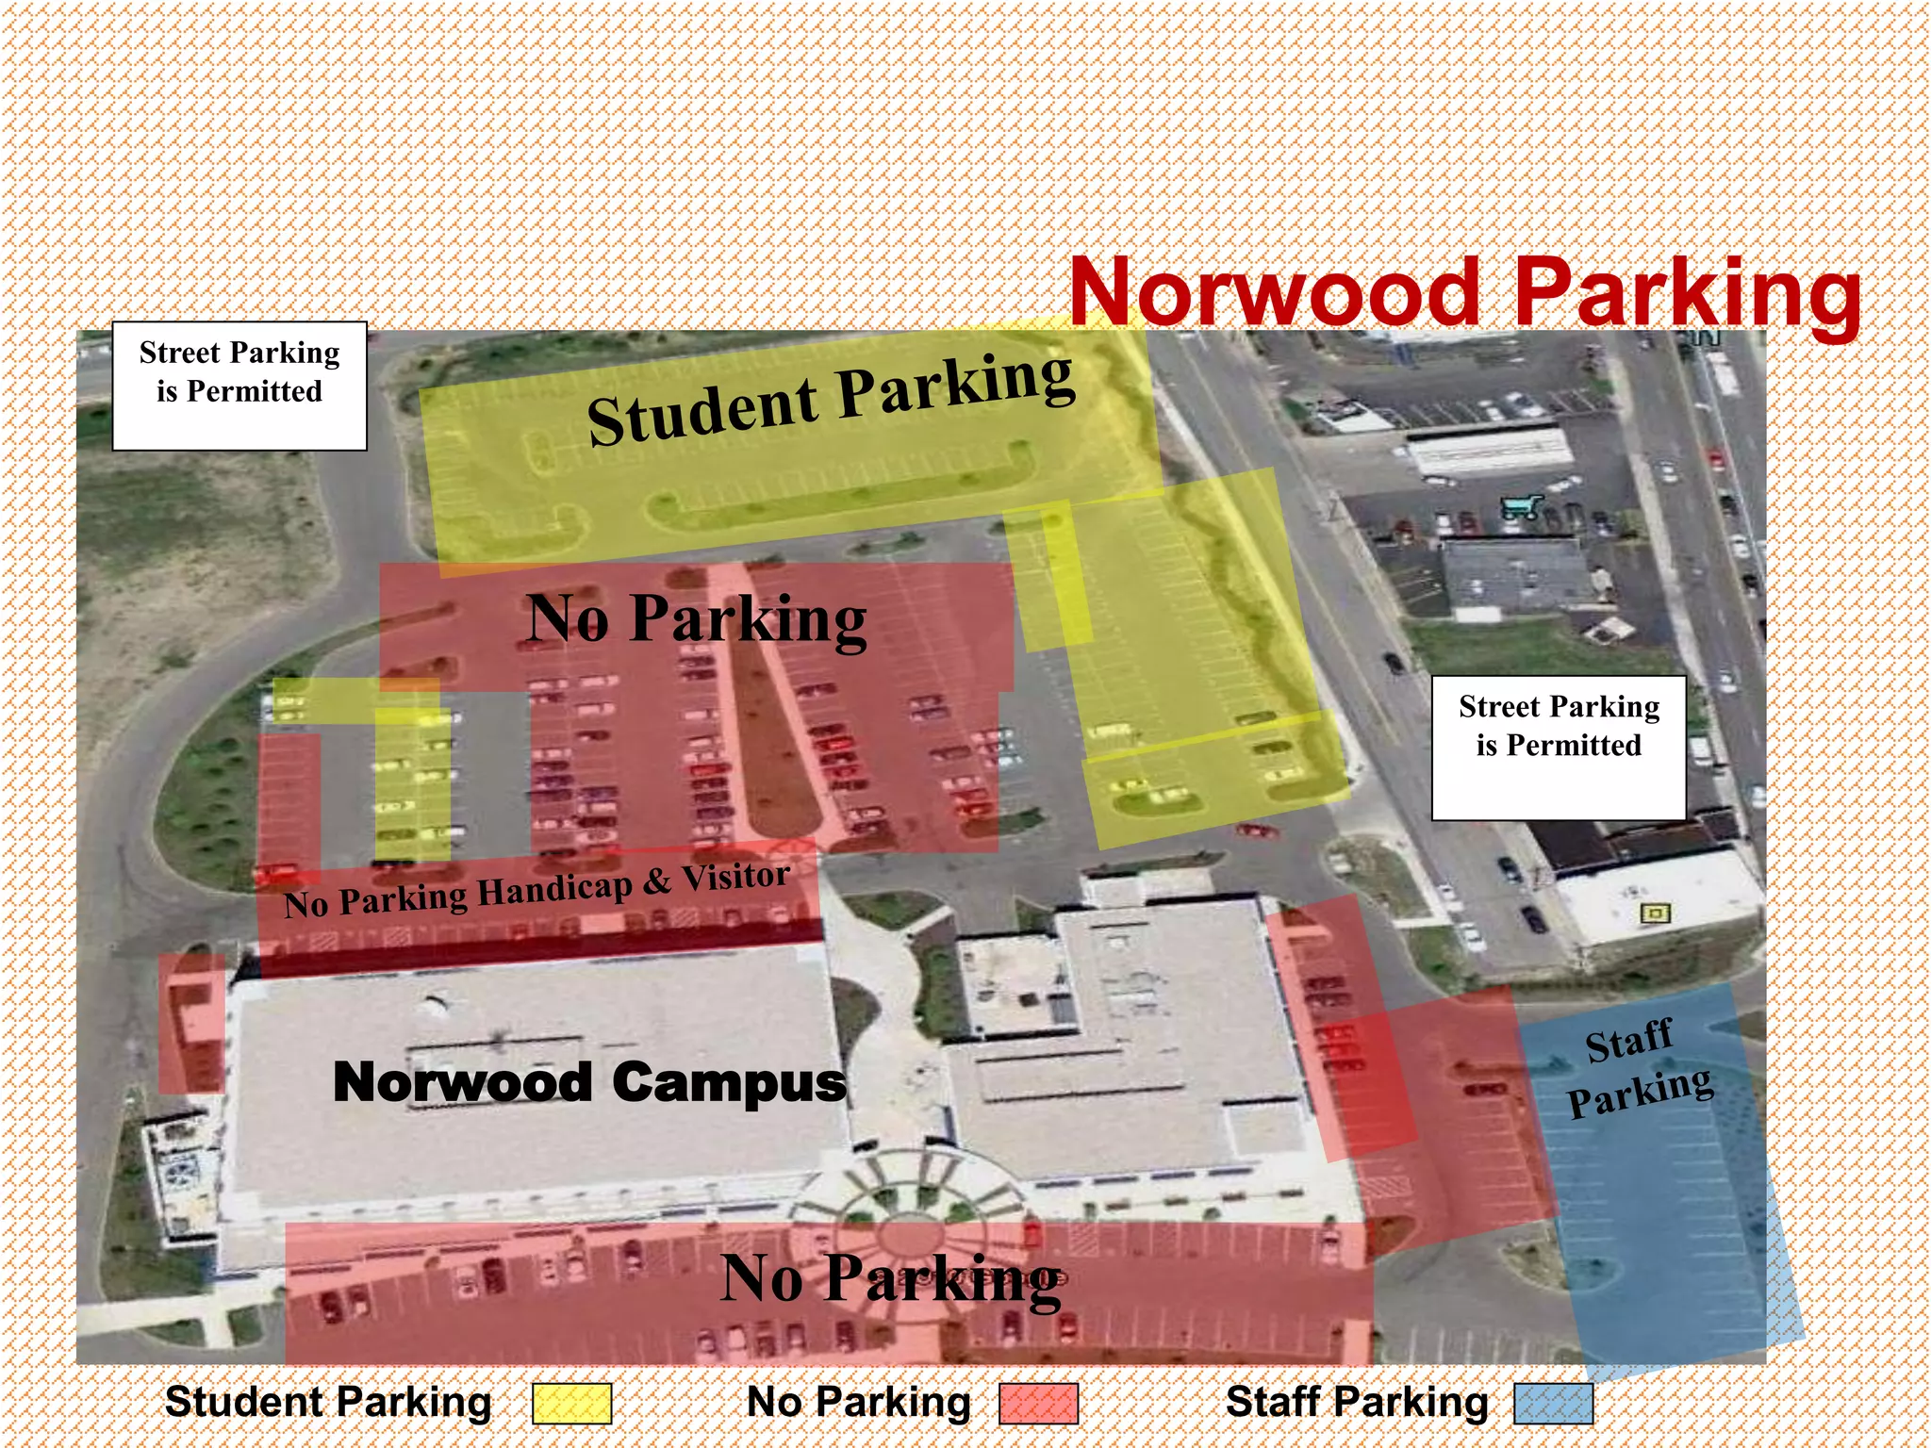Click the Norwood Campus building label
589,1081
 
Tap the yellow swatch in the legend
571,1403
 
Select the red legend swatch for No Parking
1038,1403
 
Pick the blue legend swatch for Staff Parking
1553,1403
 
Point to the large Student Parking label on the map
830,400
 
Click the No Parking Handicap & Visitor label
536,890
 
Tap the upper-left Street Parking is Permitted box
239,386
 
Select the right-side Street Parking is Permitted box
1559,747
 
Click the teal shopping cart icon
1520,507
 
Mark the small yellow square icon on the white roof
1655,913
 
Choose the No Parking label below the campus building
890,1279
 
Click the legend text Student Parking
328,1402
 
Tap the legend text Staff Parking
1357,1402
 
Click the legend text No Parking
858,1402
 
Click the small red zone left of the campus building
191,1023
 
